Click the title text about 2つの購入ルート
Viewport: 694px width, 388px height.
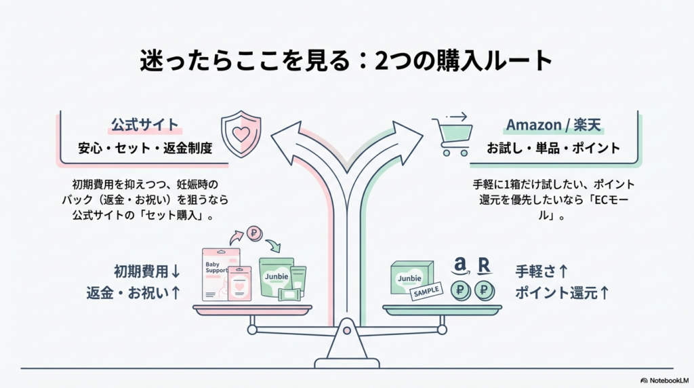[346, 62]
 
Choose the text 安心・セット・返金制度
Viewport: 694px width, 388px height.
[144, 149]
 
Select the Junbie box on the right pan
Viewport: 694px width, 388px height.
[410, 277]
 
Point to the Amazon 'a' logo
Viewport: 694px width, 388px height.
[461, 265]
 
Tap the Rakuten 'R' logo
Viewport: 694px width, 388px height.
[484, 265]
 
